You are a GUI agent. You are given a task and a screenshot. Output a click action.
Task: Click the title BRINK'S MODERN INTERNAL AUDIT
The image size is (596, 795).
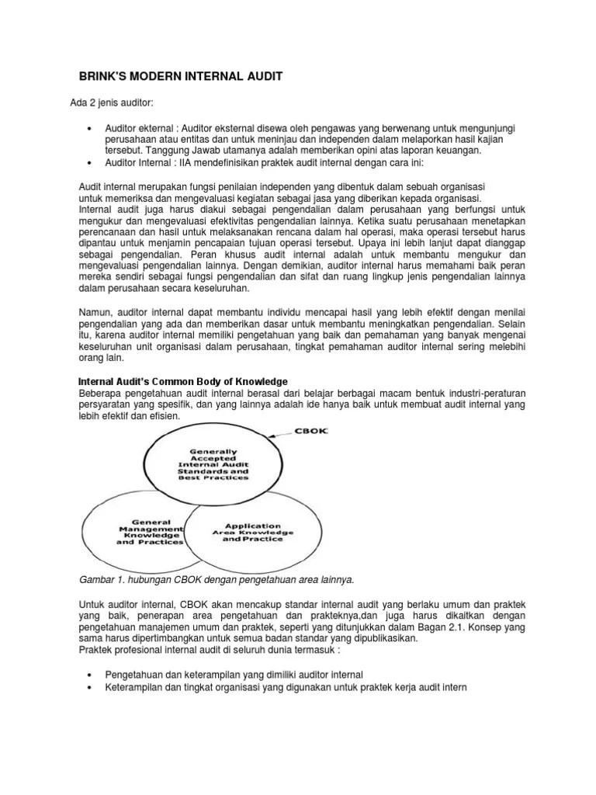(182, 77)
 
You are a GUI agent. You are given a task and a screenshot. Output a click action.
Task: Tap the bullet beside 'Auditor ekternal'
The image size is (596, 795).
(92, 127)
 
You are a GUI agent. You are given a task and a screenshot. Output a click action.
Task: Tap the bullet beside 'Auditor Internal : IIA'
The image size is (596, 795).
(92, 162)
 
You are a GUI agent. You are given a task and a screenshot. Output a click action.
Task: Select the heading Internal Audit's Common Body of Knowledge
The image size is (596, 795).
(185, 381)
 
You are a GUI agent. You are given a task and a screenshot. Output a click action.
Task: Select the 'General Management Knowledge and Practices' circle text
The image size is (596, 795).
(146, 532)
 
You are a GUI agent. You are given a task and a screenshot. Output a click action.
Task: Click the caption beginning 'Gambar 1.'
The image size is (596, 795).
(217, 579)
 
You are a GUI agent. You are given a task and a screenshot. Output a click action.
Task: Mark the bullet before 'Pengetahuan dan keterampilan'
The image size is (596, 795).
(92, 674)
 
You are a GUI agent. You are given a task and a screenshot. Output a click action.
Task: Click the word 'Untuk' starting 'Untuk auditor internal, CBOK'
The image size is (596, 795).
(94, 603)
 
